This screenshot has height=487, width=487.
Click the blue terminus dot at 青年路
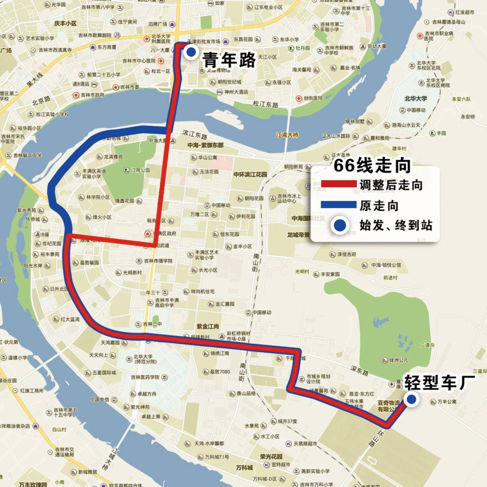click(191, 52)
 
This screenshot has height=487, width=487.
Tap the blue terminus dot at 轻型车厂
click(411, 399)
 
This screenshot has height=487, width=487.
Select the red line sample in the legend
click(338, 184)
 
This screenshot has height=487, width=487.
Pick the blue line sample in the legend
click(338, 205)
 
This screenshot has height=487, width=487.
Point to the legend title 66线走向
click(372, 166)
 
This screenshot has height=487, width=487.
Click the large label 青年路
click(230, 60)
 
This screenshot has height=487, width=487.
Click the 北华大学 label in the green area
click(415, 99)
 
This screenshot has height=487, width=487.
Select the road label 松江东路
click(266, 105)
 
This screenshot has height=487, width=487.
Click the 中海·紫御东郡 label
click(205, 146)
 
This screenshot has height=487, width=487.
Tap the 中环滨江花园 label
click(250, 174)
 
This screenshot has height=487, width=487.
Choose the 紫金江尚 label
click(207, 326)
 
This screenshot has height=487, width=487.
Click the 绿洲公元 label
click(398, 360)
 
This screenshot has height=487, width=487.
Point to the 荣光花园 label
click(271, 456)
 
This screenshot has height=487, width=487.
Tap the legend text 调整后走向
click(391, 184)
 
